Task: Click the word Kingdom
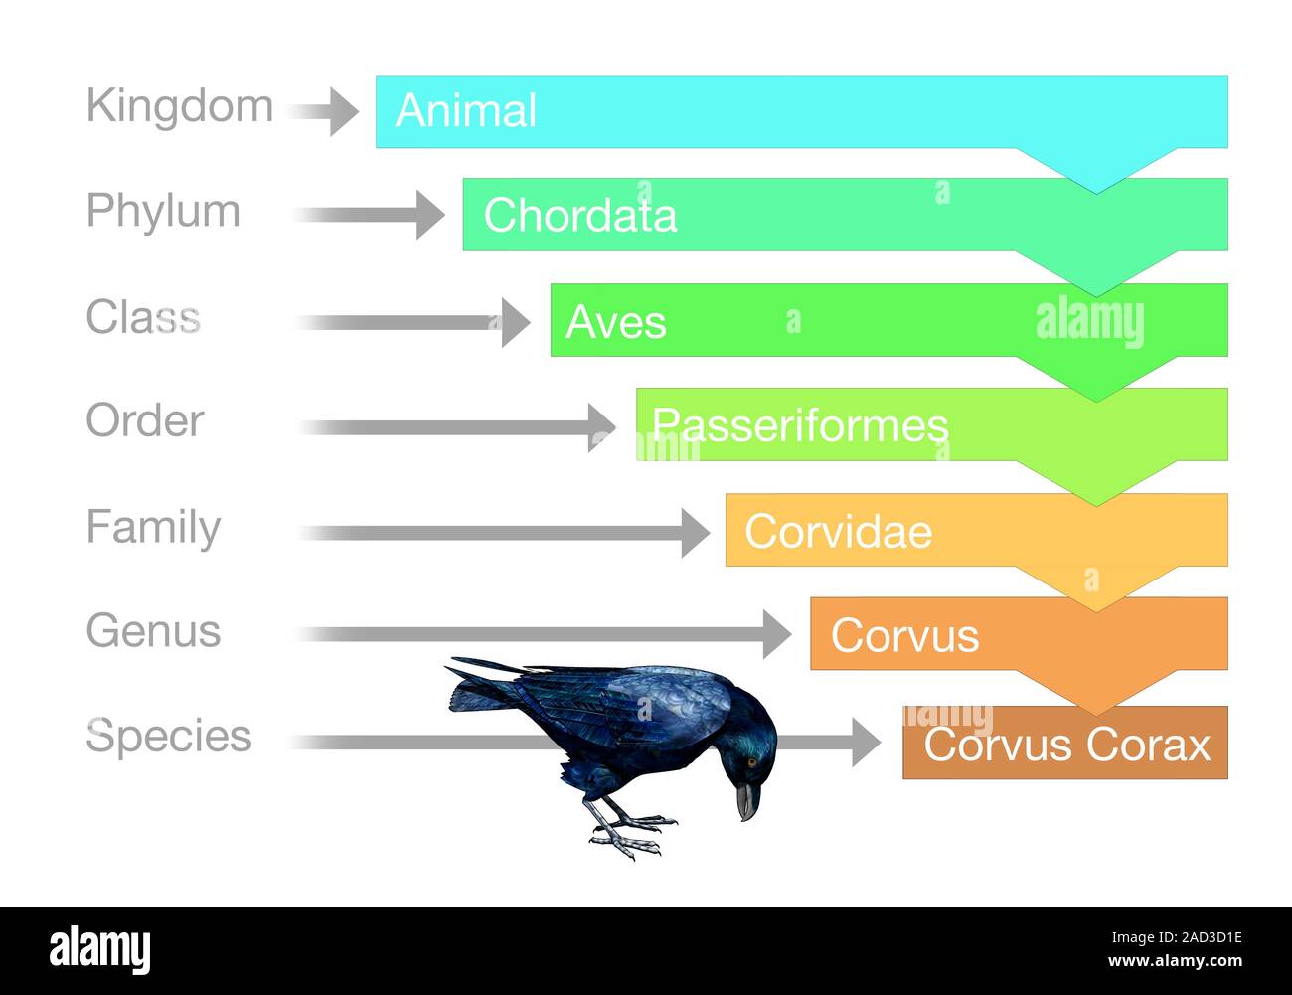click(179, 105)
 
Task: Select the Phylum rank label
click(163, 211)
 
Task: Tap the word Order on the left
click(145, 420)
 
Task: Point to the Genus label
click(153, 631)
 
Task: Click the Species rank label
click(169, 737)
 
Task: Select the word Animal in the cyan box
click(465, 110)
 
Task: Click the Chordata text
click(580, 216)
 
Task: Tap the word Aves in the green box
click(616, 322)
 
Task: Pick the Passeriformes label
click(800, 425)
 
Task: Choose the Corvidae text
click(838, 532)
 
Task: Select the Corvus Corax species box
click(1066, 744)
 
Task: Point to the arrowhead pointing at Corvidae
click(695, 532)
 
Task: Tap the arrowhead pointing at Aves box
click(515, 322)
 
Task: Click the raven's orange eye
click(751, 762)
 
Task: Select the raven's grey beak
click(746, 800)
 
